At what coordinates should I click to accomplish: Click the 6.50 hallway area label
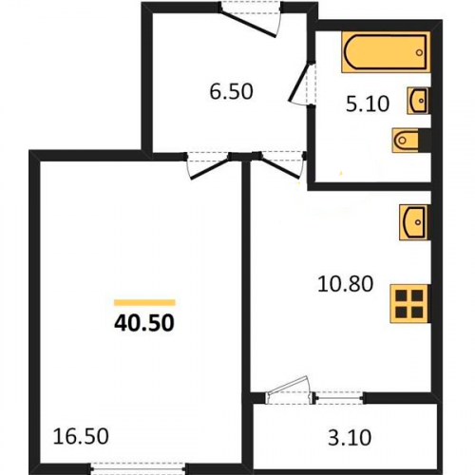[232, 91]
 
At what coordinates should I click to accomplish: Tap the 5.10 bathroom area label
[368, 104]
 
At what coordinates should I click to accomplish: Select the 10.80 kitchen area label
[346, 284]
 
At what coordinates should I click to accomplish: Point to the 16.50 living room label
[81, 436]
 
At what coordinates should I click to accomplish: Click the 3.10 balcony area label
[350, 438]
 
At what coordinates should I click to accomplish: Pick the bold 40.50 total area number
[144, 323]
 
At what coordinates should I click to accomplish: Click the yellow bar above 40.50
[144, 302]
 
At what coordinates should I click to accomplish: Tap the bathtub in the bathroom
[386, 52]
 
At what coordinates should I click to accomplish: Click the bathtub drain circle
[420, 52]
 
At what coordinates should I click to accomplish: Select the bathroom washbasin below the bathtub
[418, 101]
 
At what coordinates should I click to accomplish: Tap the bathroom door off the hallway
[301, 83]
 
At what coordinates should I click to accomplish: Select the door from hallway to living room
[207, 166]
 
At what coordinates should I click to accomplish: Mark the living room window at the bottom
[138, 468]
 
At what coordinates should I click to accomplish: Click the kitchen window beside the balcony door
[339, 397]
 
